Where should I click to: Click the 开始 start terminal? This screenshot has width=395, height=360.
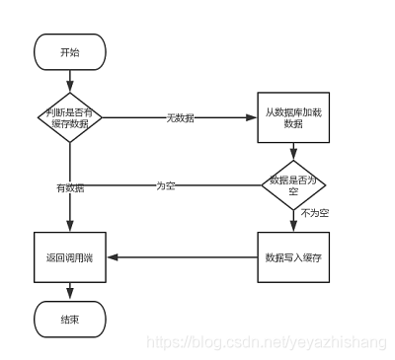(x=69, y=51)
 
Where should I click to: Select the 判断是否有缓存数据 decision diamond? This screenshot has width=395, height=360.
(x=69, y=117)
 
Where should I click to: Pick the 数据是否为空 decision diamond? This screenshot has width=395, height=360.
(x=292, y=184)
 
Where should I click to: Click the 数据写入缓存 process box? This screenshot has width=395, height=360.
(x=292, y=257)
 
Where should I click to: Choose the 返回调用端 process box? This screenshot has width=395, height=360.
(x=69, y=257)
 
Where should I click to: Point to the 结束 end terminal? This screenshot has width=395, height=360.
(x=69, y=320)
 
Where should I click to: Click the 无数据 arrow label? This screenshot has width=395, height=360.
(x=180, y=117)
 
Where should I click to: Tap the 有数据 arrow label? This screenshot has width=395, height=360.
(x=69, y=187)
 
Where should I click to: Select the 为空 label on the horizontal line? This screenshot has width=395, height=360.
(x=166, y=184)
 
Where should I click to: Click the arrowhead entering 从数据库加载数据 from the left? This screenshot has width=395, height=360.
(x=252, y=117)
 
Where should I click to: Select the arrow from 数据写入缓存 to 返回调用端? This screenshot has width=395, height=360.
(x=183, y=257)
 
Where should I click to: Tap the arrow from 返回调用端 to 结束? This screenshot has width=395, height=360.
(x=69, y=291)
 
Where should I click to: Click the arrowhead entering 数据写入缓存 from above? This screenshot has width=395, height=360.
(x=292, y=228)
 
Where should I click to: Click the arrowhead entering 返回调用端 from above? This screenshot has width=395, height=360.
(x=69, y=228)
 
